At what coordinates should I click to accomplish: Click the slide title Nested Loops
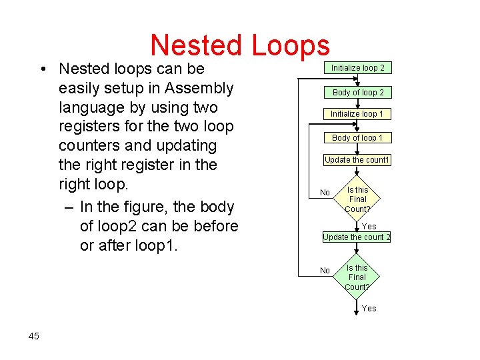(x=240, y=45)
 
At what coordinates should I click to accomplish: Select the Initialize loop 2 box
(x=357, y=68)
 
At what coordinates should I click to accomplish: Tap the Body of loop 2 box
(x=357, y=93)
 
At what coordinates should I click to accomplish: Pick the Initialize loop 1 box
(x=357, y=114)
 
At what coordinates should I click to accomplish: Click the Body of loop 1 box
(x=357, y=138)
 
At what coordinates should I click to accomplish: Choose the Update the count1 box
(x=357, y=160)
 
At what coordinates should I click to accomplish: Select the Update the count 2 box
(x=357, y=237)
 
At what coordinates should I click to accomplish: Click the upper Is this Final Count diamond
(x=357, y=199)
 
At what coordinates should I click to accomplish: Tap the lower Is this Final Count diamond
(x=357, y=277)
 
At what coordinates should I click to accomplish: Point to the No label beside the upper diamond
(x=325, y=193)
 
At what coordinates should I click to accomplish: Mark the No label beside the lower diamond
(x=325, y=271)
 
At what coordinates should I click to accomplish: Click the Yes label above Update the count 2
(x=369, y=227)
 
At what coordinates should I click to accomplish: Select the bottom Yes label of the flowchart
(x=369, y=309)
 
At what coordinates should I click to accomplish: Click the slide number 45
(x=34, y=336)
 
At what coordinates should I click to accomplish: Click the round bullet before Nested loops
(x=42, y=69)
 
